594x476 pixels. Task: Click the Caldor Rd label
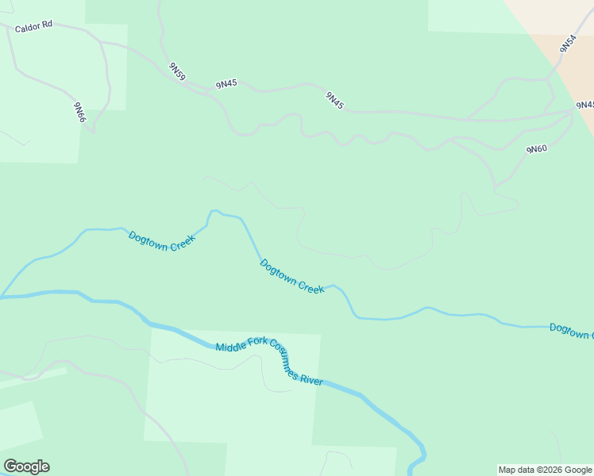[33, 25]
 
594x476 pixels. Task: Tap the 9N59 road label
[177, 71]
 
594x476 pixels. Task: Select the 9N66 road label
[80, 112]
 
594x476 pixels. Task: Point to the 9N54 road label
[567, 44]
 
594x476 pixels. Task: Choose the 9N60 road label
[537, 148]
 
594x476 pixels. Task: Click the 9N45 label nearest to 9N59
[226, 83]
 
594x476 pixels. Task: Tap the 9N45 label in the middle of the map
[334, 100]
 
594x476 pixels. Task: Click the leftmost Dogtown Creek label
[162, 240]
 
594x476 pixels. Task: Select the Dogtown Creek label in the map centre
[292, 278]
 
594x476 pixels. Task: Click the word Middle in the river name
[231, 346]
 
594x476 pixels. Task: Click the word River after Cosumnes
[310, 380]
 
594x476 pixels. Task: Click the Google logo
[27, 466]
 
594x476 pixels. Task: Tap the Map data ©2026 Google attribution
[546, 470]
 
